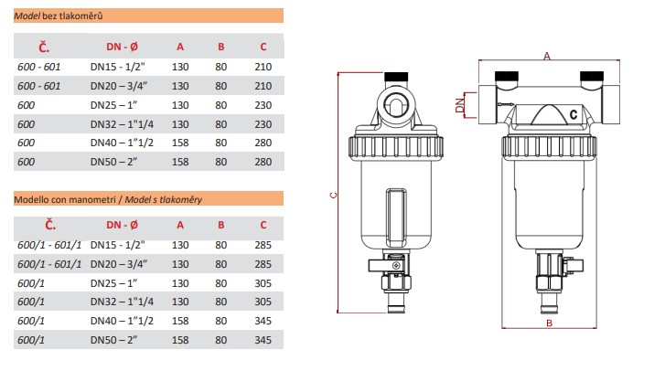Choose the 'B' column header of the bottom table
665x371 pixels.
point(220,224)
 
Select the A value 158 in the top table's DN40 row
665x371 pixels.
point(179,143)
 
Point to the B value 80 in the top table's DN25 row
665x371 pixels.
point(220,104)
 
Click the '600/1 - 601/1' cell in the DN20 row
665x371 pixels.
point(50,263)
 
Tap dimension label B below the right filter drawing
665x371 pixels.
point(547,348)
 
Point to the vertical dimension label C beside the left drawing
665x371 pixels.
point(332,195)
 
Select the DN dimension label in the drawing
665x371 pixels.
point(460,107)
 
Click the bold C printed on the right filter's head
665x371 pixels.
point(573,114)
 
